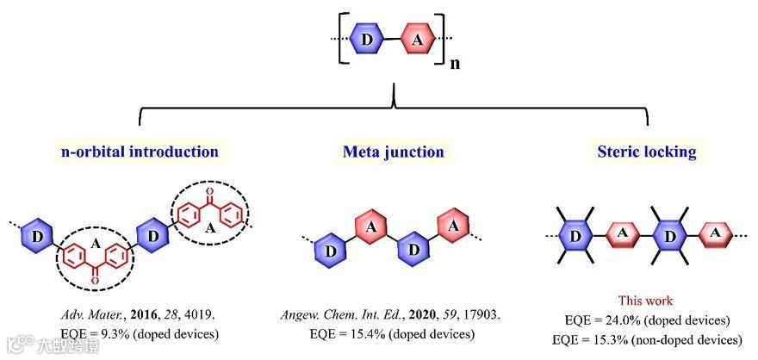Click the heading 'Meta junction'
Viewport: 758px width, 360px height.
click(x=394, y=152)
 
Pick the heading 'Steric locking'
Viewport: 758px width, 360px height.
click(x=648, y=152)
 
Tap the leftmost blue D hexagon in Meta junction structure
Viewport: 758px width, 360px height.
click(x=331, y=250)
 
